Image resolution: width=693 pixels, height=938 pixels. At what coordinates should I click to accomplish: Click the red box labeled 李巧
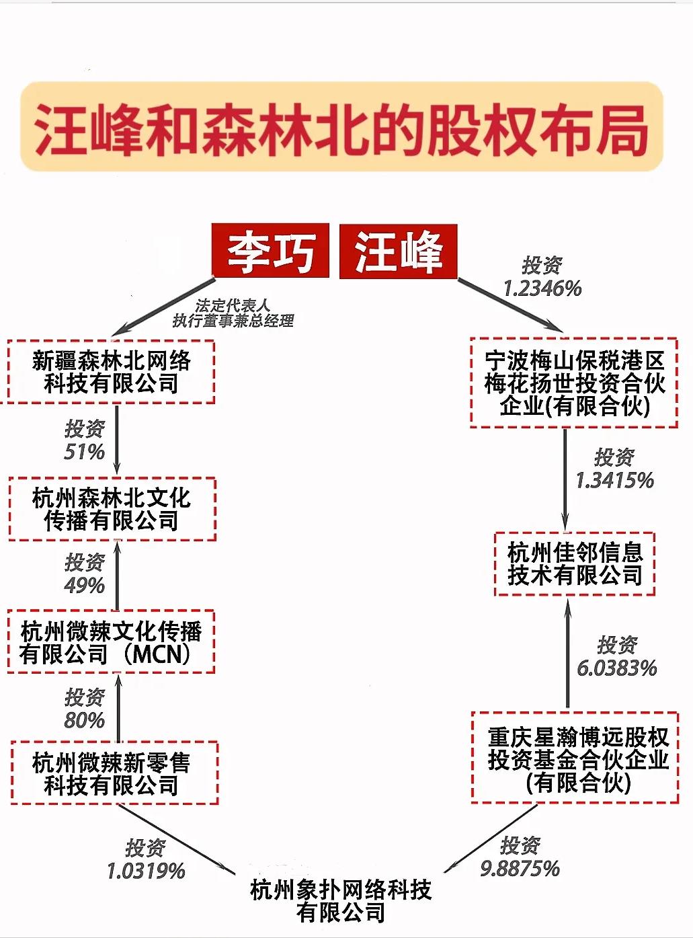click(x=271, y=251)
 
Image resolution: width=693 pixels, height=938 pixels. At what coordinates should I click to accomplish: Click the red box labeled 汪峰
click(x=399, y=251)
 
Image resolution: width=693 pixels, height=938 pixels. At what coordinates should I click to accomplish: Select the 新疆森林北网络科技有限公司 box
click(x=111, y=371)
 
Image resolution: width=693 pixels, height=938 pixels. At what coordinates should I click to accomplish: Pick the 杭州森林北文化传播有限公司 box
click(x=112, y=509)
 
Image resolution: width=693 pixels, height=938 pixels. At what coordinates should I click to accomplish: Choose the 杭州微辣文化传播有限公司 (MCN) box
click(x=111, y=641)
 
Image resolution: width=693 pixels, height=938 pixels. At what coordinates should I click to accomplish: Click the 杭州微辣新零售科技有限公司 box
click(x=114, y=773)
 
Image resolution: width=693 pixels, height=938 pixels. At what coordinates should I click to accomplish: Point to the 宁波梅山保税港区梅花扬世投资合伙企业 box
click(x=574, y=383)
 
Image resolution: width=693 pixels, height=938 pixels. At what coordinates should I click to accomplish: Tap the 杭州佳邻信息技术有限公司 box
click(x=575, y=564)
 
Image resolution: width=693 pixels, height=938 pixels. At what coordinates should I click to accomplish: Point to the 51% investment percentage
click(x=85, y=452)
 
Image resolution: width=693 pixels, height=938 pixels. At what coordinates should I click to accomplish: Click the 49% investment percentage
click(x=85, y=585)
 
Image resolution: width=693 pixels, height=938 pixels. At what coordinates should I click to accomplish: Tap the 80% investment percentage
click(x=85, y=719)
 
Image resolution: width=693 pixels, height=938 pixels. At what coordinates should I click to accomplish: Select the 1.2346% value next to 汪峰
click(x=542, y=288)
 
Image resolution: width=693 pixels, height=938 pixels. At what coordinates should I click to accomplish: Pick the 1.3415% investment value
click(x=615, y=480)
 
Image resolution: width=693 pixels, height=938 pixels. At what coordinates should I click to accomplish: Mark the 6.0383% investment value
click(x=617, y=668)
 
